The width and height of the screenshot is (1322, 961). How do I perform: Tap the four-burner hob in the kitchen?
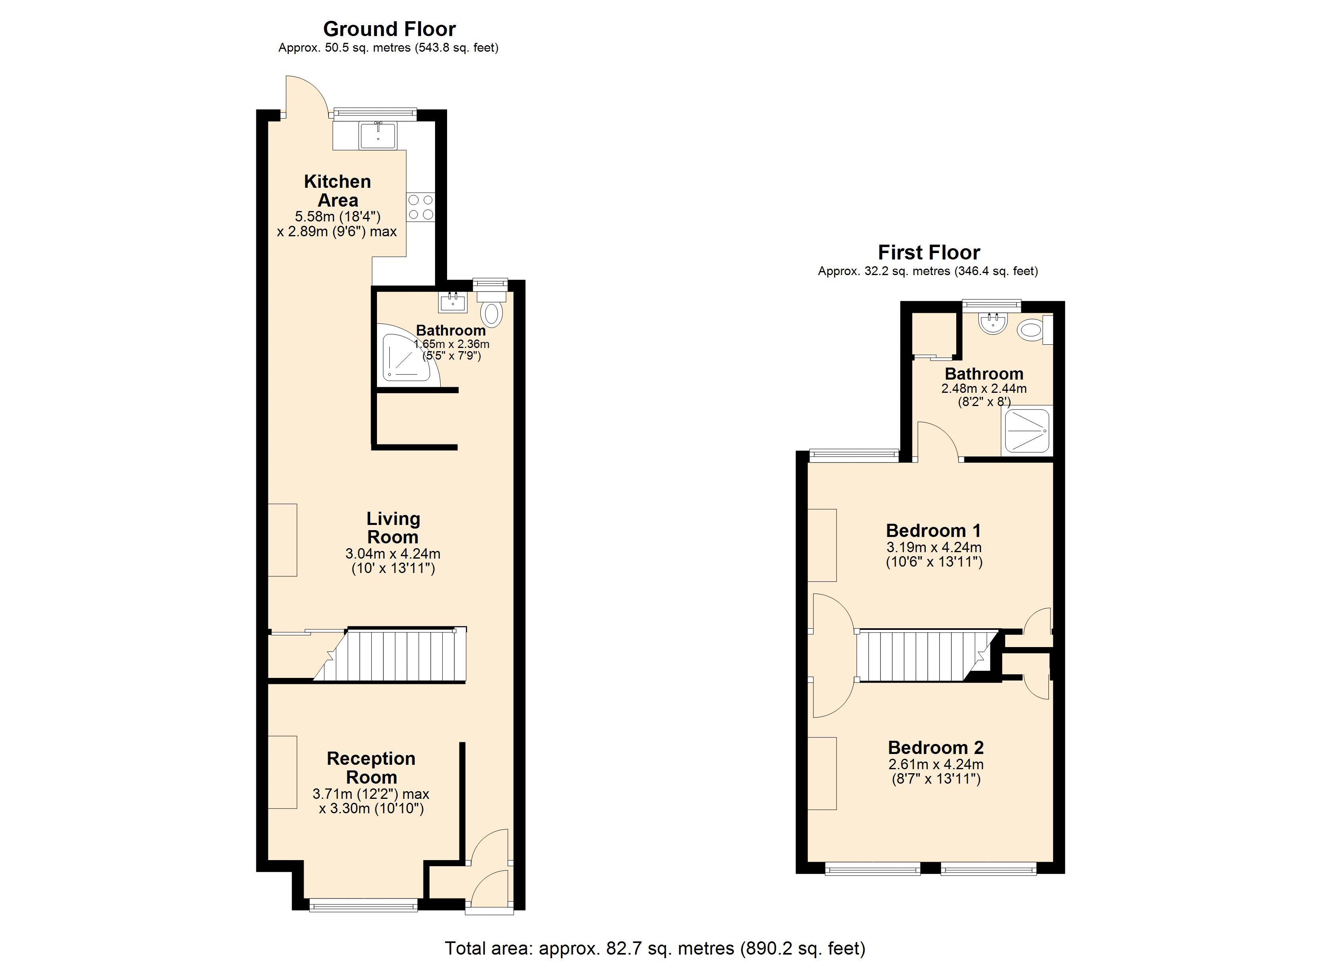pyautogui.click(x=420, y=207)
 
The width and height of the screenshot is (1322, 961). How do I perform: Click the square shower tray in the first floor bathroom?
pyautogui.click(x=1027, y=431)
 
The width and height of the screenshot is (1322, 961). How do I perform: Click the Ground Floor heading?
pyautogui.click(x=389, y=28)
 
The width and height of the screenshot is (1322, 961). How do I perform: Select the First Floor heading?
pyautogui.click(x=929, y=252)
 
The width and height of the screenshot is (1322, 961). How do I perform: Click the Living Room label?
pyautogui.click(x=393, y=527)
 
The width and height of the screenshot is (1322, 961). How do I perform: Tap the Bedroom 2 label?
pyautogui.click(x=935, y=747)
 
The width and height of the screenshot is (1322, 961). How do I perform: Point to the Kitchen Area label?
pyautogui.click(x=337, y=191)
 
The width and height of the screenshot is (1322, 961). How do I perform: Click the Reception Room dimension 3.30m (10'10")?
pyautogui.click(x=371, y=808)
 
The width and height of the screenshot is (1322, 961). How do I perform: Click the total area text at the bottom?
pyautogui.click(x=655, y=948)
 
